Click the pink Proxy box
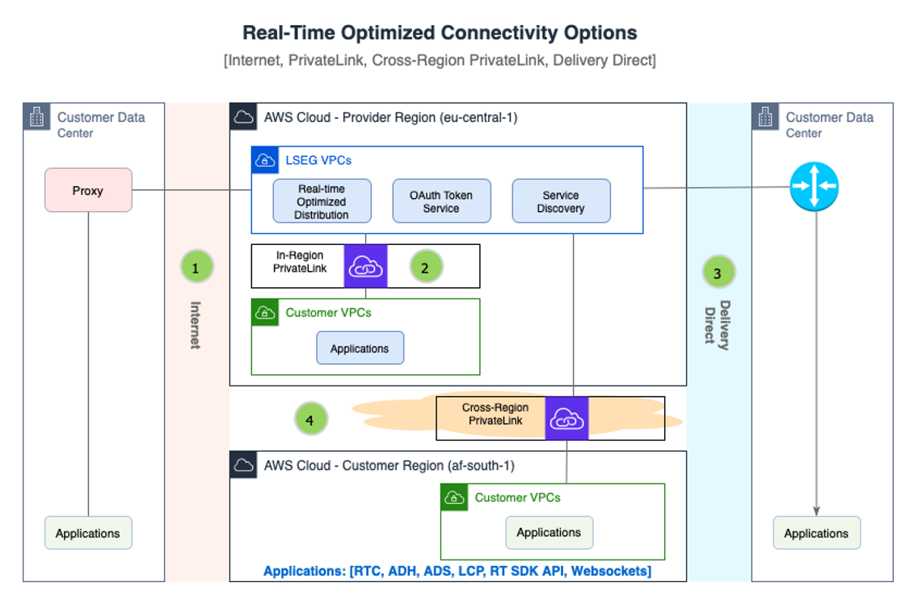coord(88,190)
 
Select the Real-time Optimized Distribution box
coord(322,201)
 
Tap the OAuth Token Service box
coord(441,201)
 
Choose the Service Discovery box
coord(561,201)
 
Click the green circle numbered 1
coord(196,268)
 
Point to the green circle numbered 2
coord(426,268)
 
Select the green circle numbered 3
coord(718,273)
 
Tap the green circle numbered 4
coord(310,419)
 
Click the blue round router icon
coord(814,188)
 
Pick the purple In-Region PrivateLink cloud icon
coord(366,266)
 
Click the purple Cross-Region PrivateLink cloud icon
coord(566,419)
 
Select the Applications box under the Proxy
coord(88,533)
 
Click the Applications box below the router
coord(816,533)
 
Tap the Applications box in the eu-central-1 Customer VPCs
coord(360,348)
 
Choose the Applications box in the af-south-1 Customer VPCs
coord(549,532)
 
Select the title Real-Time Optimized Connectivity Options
coord(440,33)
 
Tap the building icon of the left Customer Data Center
coord(36,117)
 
